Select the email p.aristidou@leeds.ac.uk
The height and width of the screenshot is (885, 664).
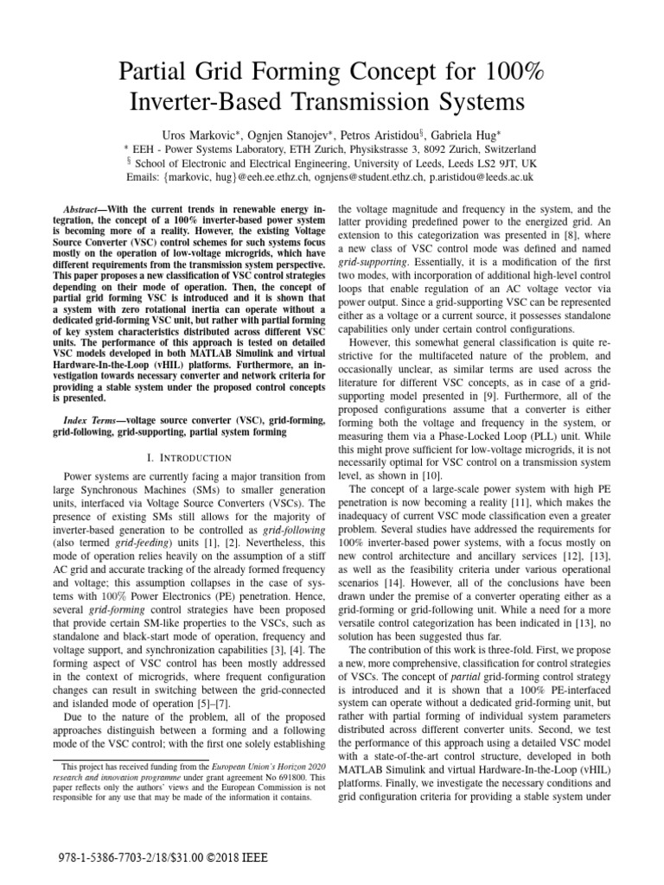pos(472,176)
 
